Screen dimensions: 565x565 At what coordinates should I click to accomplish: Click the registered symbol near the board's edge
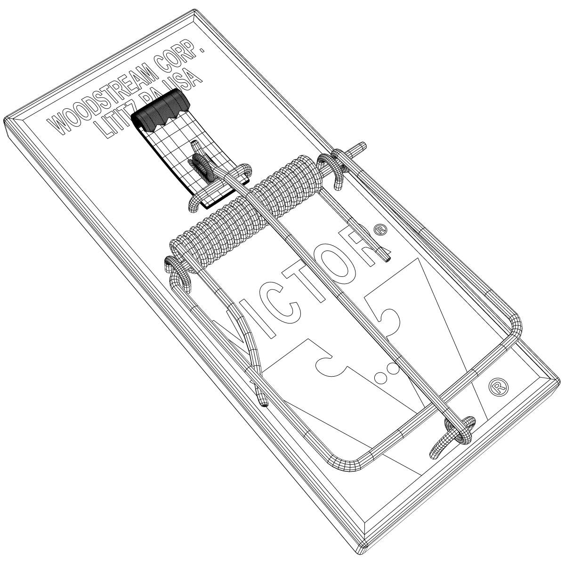click(x=499, y=387)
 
